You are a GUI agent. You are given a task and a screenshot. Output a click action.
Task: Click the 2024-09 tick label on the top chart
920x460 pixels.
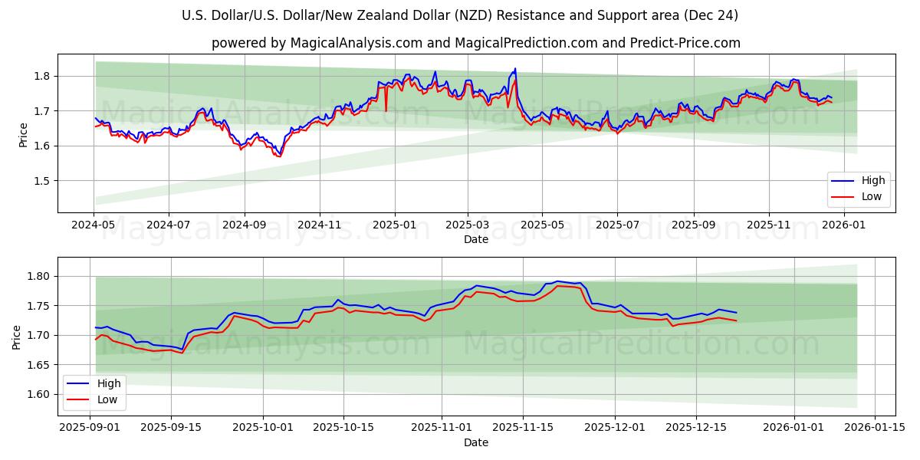pos(245,225)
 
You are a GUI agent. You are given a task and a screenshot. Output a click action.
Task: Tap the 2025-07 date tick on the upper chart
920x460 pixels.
pos(618,225)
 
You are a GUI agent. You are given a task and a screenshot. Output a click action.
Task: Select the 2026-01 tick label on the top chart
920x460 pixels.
pos(843,225)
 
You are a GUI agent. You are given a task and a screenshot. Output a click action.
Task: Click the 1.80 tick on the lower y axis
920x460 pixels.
pos(39,277)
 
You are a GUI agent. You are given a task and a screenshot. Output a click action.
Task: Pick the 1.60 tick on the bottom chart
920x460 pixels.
pos(39,395)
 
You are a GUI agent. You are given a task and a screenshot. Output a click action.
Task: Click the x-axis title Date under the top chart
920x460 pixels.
pos(476,239)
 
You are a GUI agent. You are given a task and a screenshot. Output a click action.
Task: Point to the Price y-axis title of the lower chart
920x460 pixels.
pos(17,337)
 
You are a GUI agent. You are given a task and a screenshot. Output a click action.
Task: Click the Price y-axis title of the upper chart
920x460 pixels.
pos(23,134)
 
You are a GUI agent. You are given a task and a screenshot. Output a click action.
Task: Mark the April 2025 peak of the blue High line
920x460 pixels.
pos(515,68)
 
